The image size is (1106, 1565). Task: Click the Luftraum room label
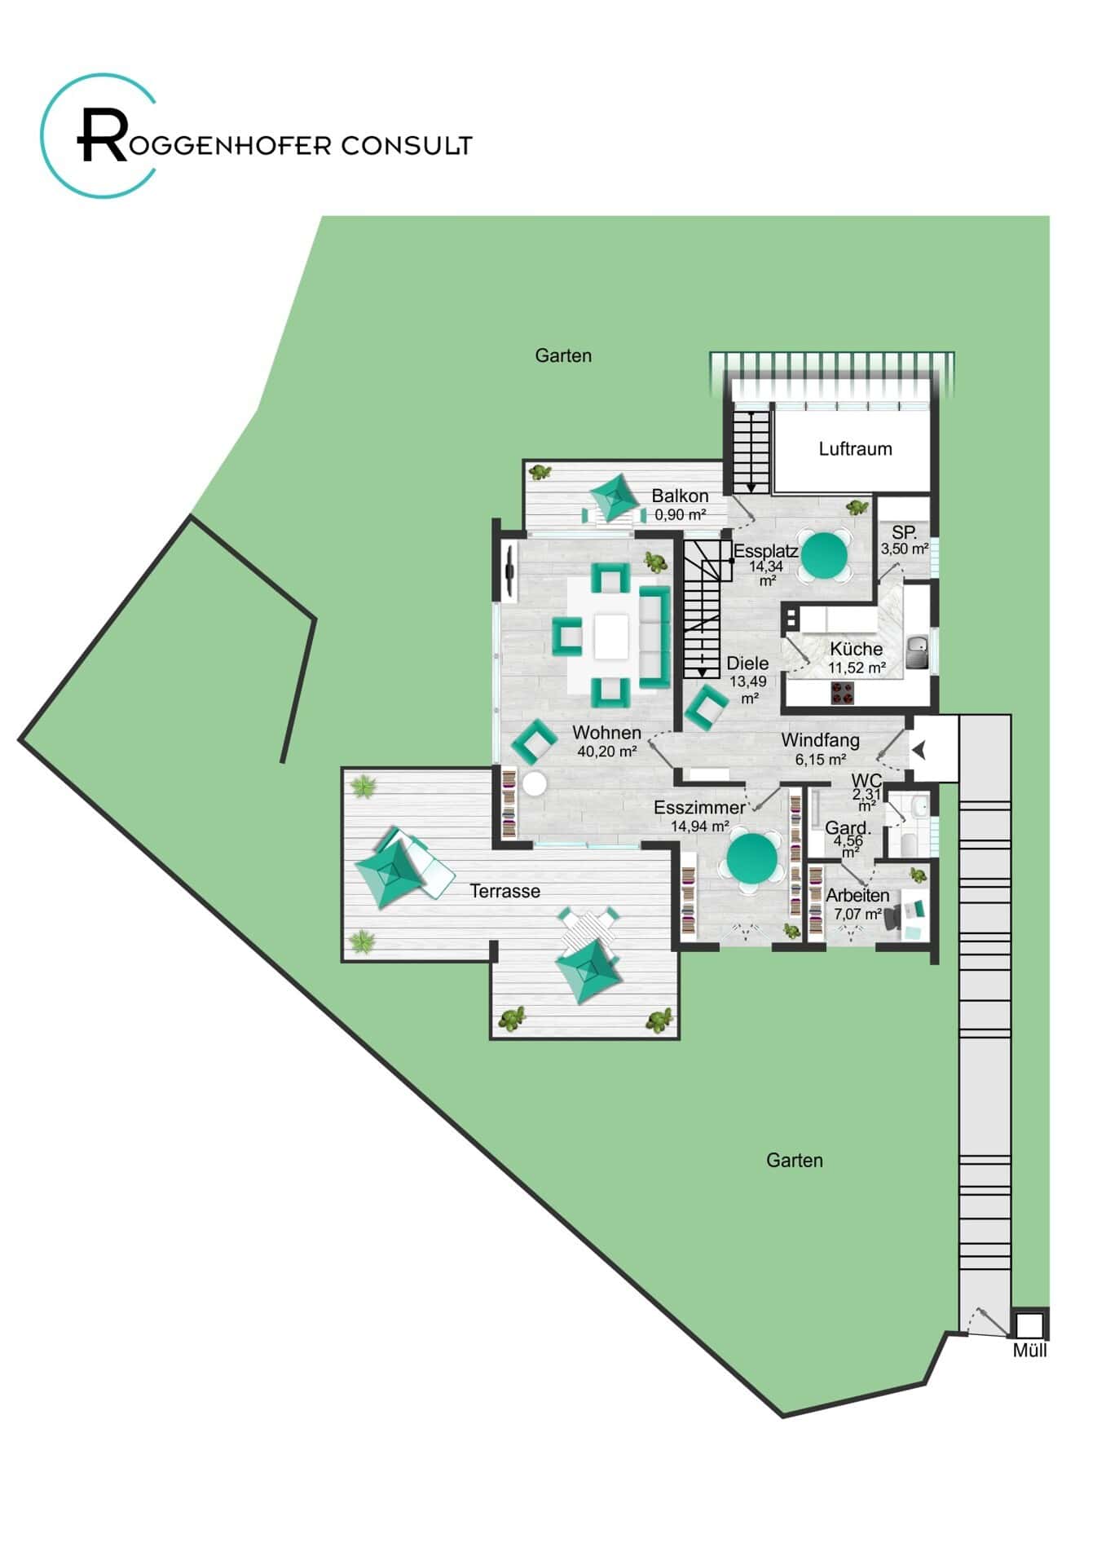(x=855, y=448)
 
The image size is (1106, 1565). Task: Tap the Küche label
(x=856, y=649)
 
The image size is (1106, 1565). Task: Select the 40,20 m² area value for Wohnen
(x=606, y=752)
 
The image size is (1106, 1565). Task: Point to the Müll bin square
(x=1029, y=1323)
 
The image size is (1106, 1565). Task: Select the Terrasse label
(x=505, y=891)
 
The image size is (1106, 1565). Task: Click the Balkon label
(x=680, y=496)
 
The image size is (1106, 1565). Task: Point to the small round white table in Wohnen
(x=535, y=784)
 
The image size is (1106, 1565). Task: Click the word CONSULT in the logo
(x=406, y=146)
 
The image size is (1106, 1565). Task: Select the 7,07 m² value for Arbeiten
(x=857, y=914)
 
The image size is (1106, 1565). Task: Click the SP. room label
(x=905, y=533)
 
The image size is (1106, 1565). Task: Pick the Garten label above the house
(x=563, y=355)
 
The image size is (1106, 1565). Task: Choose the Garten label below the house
(x=795, y=1160)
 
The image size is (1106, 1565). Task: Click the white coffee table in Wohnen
(x=611, y=637)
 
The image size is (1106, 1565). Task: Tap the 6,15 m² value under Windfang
(x=821, y=759)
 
